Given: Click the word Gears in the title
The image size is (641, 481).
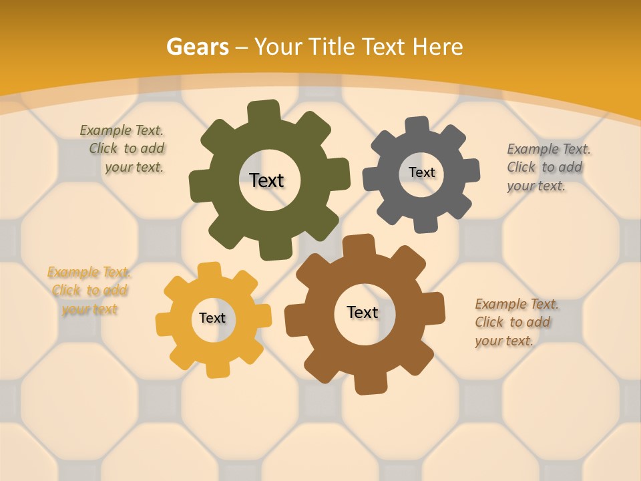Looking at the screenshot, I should point(197,47).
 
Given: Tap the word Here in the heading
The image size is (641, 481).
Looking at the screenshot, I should point(437,47).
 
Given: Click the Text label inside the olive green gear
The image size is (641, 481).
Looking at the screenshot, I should point(266,180).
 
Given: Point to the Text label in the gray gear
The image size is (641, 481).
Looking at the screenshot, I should point(421,172).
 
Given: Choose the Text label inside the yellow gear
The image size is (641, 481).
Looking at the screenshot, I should point(212,318).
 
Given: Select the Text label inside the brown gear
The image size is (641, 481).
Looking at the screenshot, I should point(363,312).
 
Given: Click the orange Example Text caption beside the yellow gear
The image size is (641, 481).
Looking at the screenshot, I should point(89,291).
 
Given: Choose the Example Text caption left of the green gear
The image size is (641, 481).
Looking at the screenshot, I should point(123,148).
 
